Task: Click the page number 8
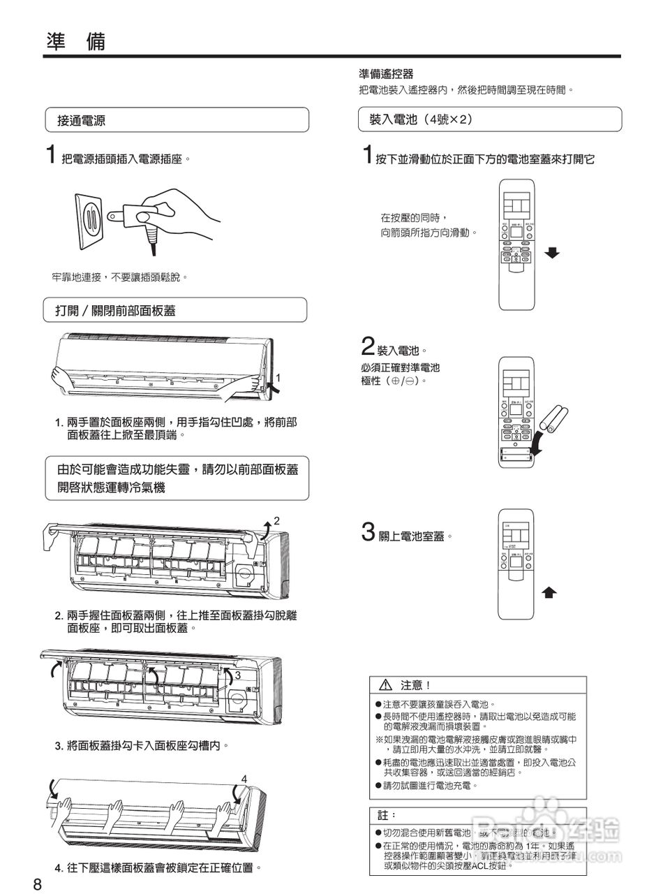pos(38,884)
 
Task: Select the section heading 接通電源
pos(81,120)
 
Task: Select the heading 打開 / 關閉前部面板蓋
pos(115,311)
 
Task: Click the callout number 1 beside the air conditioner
pos(278,378)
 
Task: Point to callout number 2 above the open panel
pos(276,520)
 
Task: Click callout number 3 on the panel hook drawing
pos(237,675)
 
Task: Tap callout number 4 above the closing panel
pos(244,778)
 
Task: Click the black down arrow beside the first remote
pos(552,253)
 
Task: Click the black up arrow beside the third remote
pos(550,593)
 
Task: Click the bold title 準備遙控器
pos(386,74)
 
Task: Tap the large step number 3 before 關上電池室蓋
pos(368,532)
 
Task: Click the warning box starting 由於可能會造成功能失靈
pos(177,478)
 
